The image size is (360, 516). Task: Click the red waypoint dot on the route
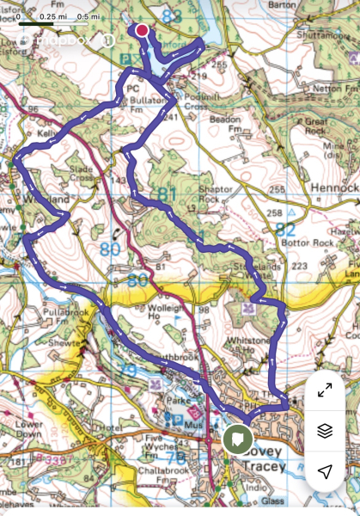(x=142, y=30)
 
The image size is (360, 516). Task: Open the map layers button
(x=325, y=431)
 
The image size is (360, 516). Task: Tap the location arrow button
(x=325, y=471)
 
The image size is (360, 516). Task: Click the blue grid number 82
(x=286, y=230)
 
